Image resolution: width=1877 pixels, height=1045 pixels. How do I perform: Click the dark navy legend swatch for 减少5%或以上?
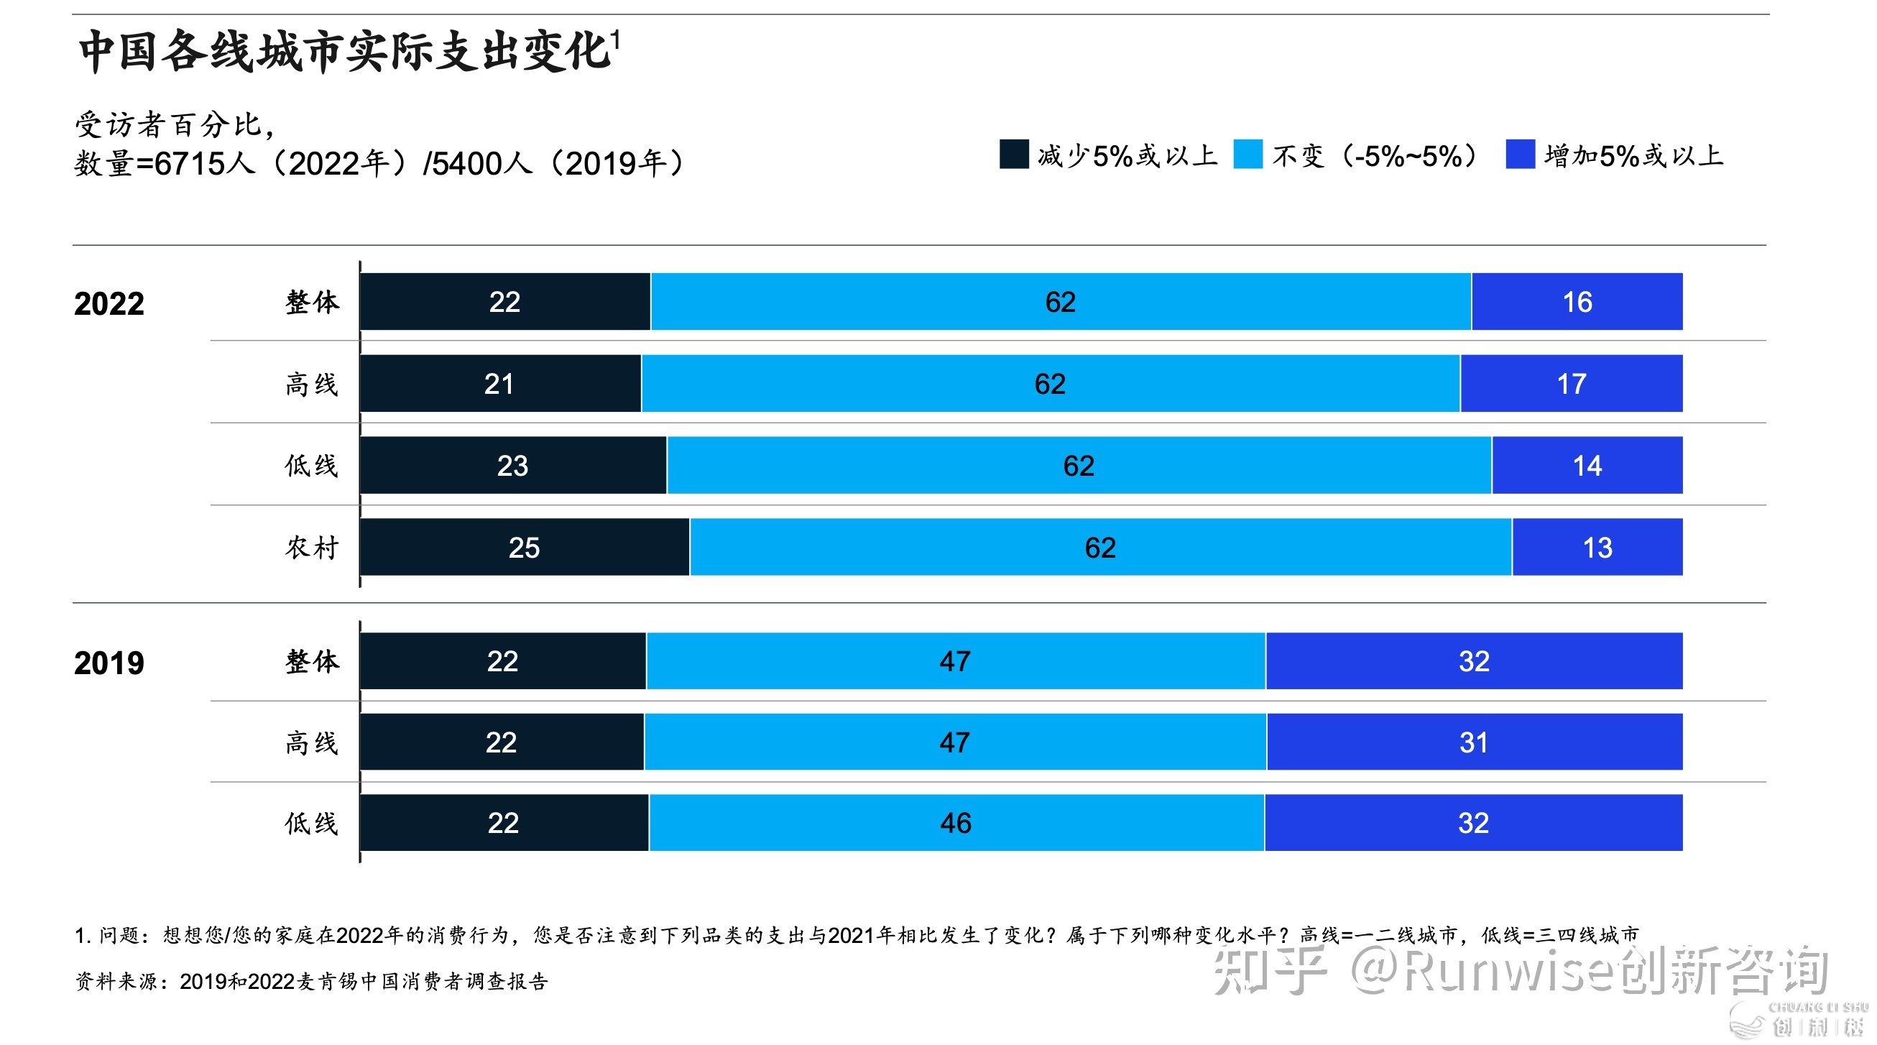point(1013,155)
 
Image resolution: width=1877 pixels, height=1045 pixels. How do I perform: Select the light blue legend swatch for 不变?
point(1248,155)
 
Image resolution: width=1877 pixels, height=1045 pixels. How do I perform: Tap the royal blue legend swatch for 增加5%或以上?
point(1520,155)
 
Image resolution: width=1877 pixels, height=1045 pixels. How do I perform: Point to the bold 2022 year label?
point(109,303)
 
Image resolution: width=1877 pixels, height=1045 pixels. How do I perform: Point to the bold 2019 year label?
point(109,663)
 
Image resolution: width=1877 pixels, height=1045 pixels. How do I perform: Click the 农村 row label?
point(312,547)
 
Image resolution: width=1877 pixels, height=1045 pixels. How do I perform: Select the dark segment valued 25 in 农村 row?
point(525,547)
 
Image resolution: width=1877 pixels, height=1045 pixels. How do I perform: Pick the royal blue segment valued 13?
point(1597,547)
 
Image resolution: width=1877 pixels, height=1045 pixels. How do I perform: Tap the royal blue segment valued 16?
point(1577,302)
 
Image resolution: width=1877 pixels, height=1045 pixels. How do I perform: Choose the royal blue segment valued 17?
point(1572,383)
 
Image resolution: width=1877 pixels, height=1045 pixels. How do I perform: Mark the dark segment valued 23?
point(513,465)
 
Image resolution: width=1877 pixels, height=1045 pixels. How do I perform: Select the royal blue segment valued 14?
point(1587,465)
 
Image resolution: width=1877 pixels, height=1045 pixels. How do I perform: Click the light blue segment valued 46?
point(956,823)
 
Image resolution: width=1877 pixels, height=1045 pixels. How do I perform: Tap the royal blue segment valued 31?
point(1474,742)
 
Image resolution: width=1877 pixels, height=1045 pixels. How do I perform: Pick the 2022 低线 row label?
point(312,465)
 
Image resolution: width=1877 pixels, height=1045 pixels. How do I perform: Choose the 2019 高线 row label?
point(312,742)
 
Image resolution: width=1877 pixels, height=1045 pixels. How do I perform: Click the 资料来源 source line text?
point(312,981)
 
